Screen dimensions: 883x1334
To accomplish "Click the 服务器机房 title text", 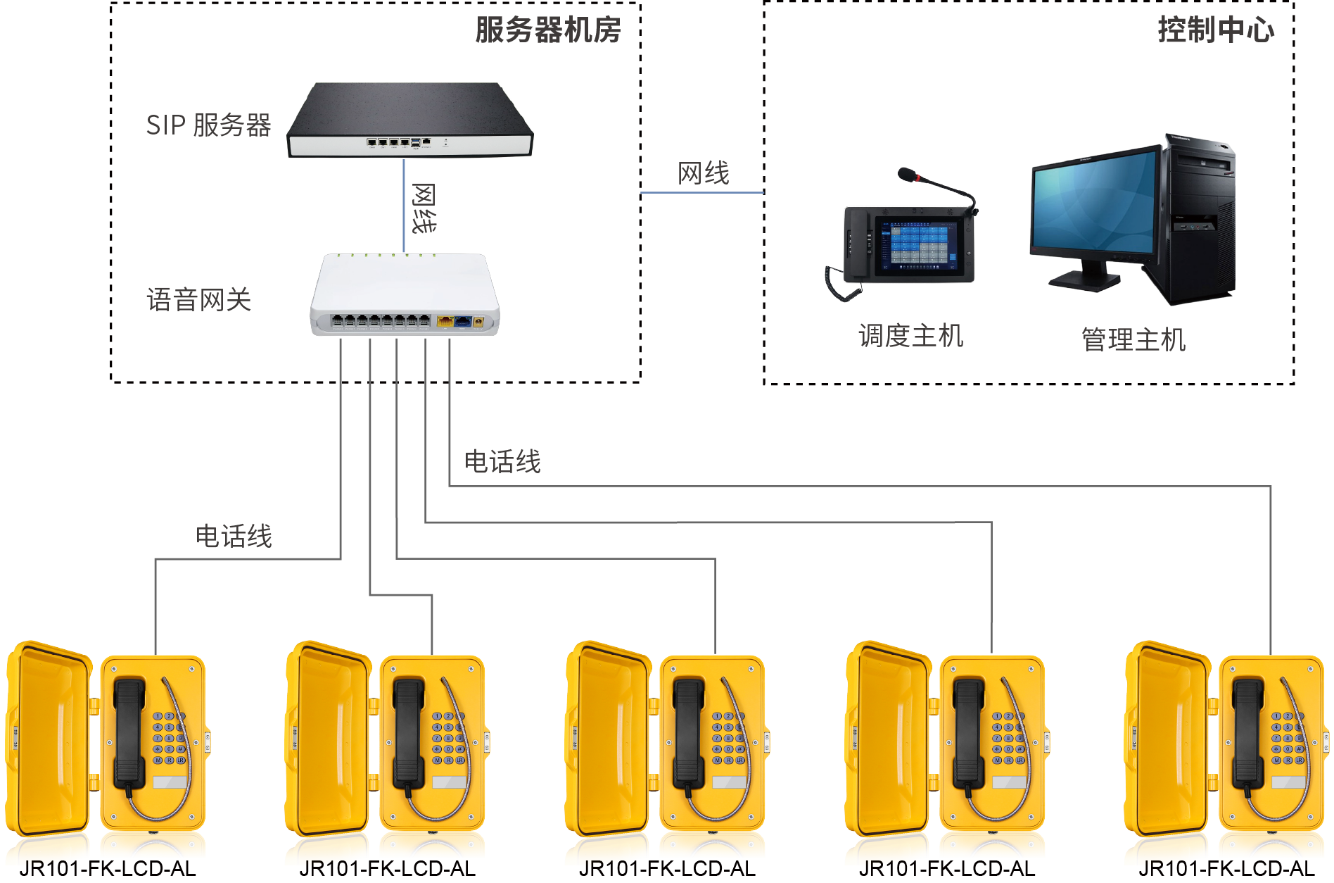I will pyautogui.click(x=547, y=30).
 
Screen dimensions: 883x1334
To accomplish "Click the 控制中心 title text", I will pyautogui.click(x=1215, y=30).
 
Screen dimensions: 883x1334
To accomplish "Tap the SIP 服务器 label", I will pyautogui.click(x=208, y=125).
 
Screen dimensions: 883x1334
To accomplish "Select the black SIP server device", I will pyautogui.click(x=410, y=120).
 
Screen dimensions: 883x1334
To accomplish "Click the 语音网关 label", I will pyautogui.click(x=199, y=300).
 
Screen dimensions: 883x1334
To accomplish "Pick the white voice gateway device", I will pyautogui.click(x=405, y=296).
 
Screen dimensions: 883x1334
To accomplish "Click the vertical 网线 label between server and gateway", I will pyautogui.click(x=423, y=208).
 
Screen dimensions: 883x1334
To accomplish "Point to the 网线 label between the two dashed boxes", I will pyautogui.click(x=703, y=173).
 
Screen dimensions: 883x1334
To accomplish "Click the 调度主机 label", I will pyautogui.click(x=910, y=336).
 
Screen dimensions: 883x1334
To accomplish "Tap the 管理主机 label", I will pyautogui.click(x=1133, y=339).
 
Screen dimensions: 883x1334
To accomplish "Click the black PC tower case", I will pyautogui.click(x=1200, y=218).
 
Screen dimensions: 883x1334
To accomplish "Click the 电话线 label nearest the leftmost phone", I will pyautogui.click(x=234, y=537).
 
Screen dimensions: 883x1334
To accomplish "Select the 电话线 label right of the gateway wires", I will pyautogui.click(x=502, y=462).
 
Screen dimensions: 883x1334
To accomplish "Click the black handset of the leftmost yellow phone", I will pyautogui.click(x=129, y=732).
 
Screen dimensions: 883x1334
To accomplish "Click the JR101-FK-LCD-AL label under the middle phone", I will pyautogui.click(x=667, y=869).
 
